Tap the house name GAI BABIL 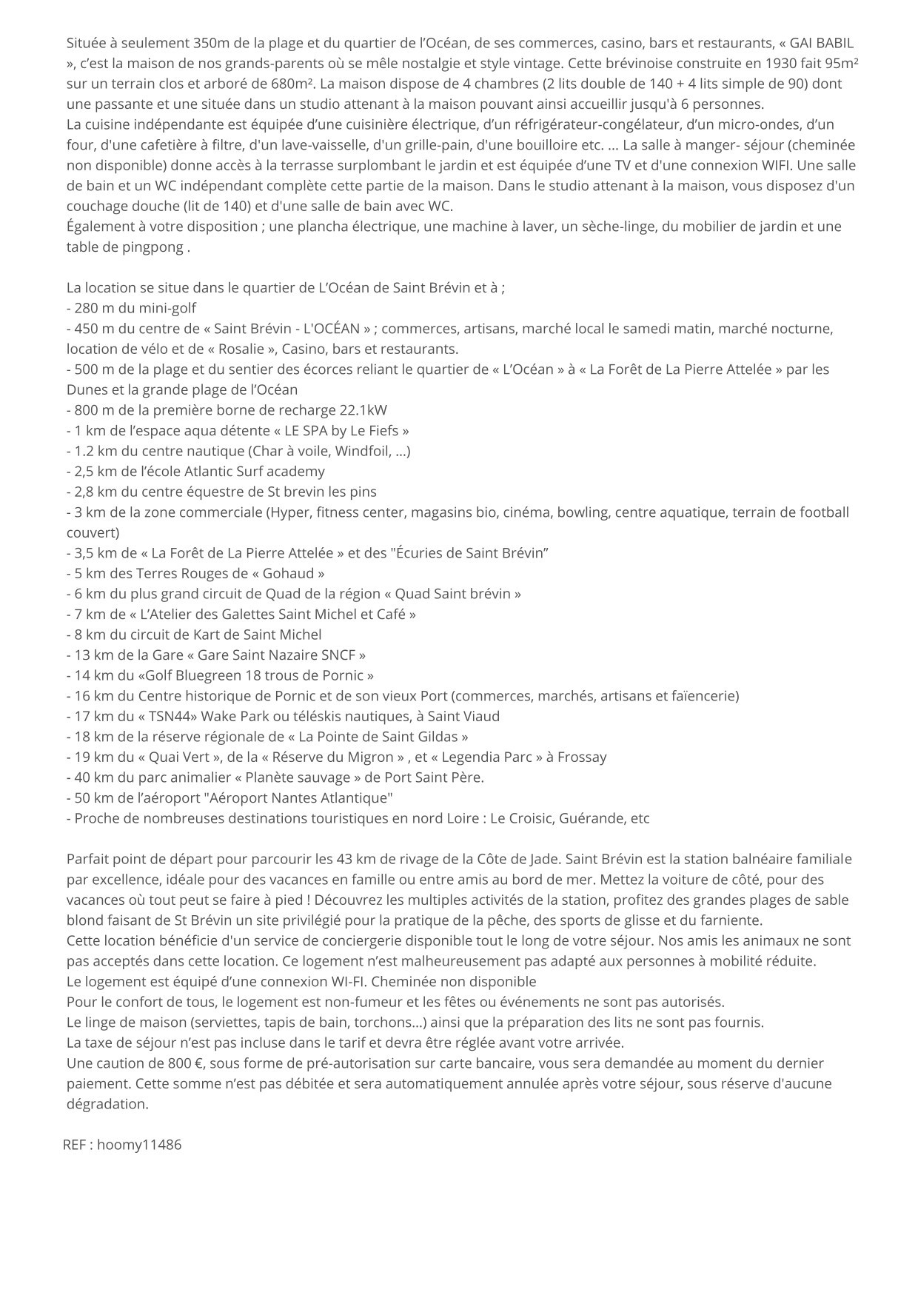822,43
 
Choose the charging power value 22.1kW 363,410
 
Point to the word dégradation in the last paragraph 107,1104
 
